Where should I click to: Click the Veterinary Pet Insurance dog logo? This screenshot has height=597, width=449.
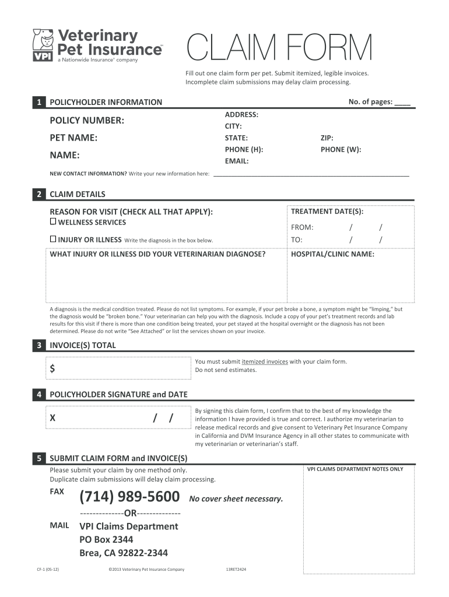click(x=41, y=44)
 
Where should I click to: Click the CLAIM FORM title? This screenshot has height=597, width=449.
click(x=279, y=48)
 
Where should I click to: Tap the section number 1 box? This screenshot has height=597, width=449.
click(x=38, y=102)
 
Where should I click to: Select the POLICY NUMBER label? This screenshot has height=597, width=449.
click(x=87, y=121)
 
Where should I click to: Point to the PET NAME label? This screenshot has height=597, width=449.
click(x=73, y=138)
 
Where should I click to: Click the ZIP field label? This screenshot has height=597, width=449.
click(x=327, y=138)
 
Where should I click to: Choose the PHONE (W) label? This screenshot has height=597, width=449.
click(x=341, y=149)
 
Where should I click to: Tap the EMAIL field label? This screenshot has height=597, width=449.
click(x=237, y=161)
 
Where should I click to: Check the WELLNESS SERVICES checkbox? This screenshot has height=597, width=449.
click(x=53, y=222)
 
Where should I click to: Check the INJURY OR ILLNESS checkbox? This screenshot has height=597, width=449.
click(x=53, y=239)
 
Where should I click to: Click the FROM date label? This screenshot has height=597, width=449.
click(x=302, y=227)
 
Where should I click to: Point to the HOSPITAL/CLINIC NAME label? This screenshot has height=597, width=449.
click(x=332, y=254)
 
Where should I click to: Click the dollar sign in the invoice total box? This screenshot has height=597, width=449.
click(x=52, y=368)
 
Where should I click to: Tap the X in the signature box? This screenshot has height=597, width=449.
click(x=52, y=419)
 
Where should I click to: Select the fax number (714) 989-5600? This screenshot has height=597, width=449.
click(x=129, y=497)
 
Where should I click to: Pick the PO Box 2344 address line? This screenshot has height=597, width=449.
click(x=106, y=539)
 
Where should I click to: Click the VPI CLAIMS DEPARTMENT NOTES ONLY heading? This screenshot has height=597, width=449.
click(x=355, y=469)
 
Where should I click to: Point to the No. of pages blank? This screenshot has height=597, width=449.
click(x=402, y=102)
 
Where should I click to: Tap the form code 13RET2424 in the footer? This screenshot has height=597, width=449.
click(x=236, y=569)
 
